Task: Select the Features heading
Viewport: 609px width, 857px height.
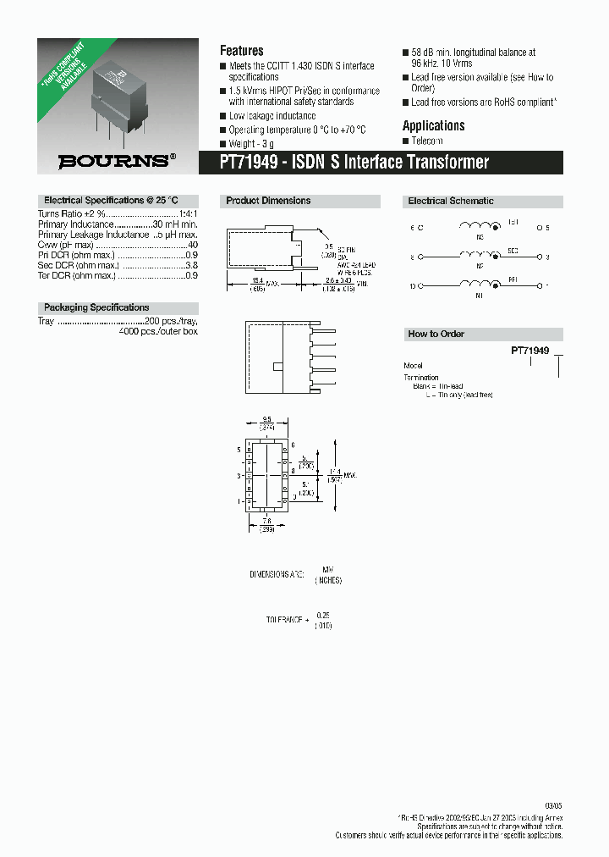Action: point(241,51)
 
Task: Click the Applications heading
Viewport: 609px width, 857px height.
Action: point(433,125)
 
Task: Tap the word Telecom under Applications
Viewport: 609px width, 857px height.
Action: point(426,141)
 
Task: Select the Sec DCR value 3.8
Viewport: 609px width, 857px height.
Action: point(191,264)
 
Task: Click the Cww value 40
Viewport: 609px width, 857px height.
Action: point(192,244)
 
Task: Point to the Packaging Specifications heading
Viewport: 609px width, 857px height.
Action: point(96,307)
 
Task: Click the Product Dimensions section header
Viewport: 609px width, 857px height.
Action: point(268,201)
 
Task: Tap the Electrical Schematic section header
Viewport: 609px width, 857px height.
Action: point(451,201)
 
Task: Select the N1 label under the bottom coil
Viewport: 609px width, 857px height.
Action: point(479,296)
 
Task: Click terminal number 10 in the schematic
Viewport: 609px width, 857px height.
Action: point(413,286)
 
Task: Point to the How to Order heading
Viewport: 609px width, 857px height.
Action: point(436,334)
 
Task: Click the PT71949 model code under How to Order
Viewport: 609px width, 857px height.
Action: point(529,350)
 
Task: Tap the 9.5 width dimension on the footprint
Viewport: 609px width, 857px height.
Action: point(266,418)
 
